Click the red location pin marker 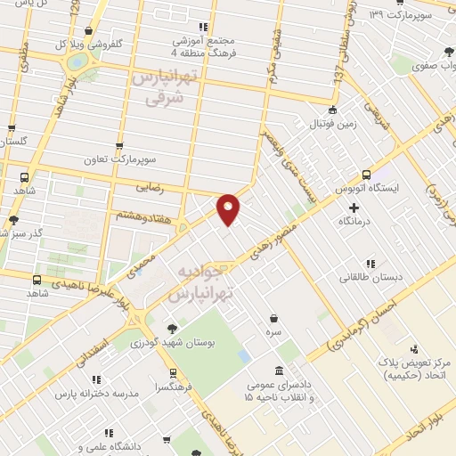(229, 208)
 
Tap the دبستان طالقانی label (370, 277)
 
